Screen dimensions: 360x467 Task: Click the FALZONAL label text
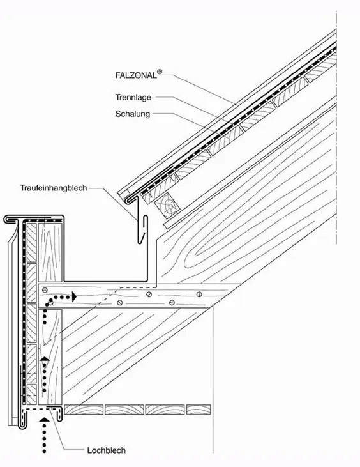(x=136, y=75)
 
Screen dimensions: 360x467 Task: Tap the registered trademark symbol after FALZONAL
(x=160, y=72)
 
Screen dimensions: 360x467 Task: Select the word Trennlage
(x=133, y=97)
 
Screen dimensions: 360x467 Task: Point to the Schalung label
(x=133, y=114)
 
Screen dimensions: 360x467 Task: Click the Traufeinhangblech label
(x=54, y=188)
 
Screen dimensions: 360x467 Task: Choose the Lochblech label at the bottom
(x=106, y=450)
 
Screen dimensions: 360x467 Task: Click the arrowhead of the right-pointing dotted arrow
(x=74, y=297)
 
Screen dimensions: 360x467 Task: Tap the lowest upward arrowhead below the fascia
(x=45, y=420)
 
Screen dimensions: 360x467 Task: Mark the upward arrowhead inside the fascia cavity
(x=45, y=359)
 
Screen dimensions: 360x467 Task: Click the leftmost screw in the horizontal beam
(x=45, y=290)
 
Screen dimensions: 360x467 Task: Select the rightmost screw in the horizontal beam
(x=199, y=295)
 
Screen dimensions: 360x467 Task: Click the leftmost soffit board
(x=84, y=410)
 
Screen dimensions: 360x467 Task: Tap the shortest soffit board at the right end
(x=199, y=410)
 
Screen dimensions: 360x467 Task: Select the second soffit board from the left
(x=124, y=410)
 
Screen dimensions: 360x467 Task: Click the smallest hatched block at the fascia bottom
(x=31, y=395)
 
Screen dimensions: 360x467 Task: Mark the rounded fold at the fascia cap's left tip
(x=6, y=219)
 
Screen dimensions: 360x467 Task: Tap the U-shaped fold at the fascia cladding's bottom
(x=22, y=425)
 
